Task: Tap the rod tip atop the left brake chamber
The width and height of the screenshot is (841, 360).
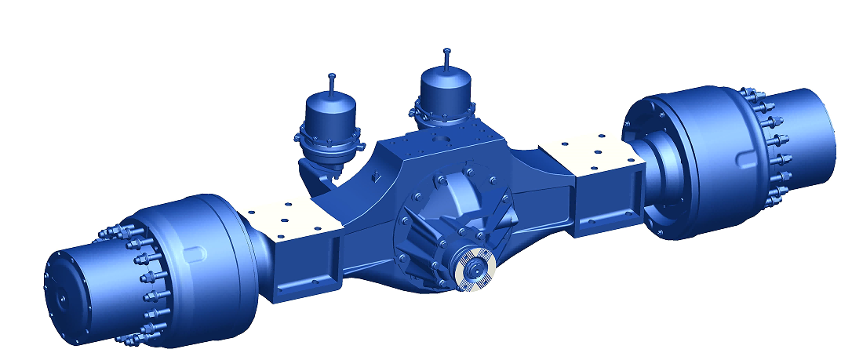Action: point(333,77)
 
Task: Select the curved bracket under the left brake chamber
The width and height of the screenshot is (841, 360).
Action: point(318,180)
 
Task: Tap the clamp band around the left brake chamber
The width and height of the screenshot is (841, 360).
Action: point(329,145)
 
